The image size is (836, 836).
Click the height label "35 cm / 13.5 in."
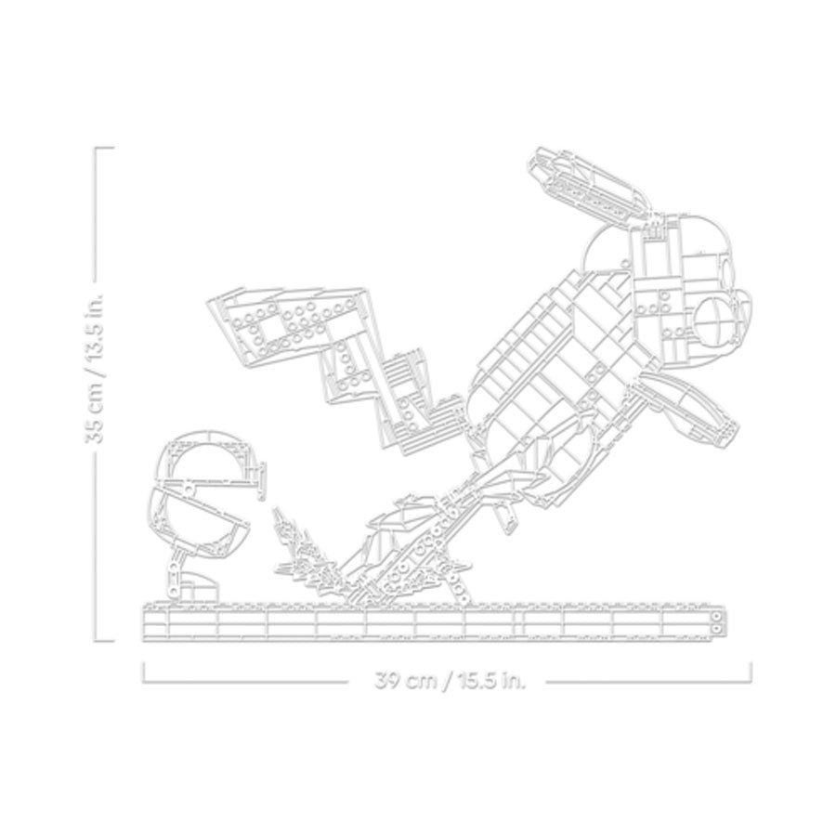tap(96, 367)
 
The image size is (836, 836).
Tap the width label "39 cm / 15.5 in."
tap(450, 681)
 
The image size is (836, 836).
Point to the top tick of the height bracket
tap(104, 148)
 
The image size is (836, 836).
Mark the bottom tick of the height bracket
tap(104, 640)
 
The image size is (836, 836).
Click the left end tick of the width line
tap(144, 672)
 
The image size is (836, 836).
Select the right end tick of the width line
tap(751, 672)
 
